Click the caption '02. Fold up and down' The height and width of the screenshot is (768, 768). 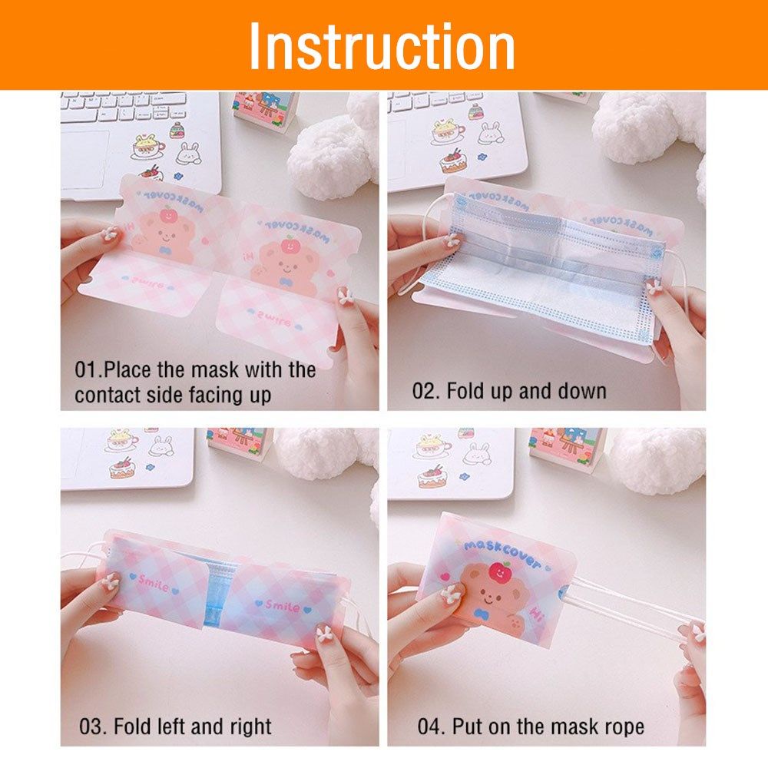(x=509, y=391)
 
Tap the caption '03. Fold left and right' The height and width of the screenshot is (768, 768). (x=176, y=726)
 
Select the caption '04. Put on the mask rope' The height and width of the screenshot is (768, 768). (x=531, y=726)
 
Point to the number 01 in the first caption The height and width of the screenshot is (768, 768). (x=86, y=369)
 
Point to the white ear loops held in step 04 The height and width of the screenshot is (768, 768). (x=630, y=607)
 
